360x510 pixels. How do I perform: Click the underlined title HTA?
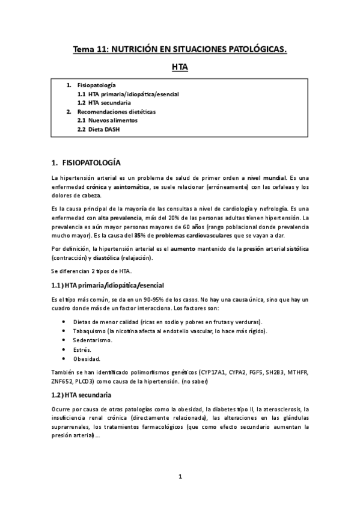coord(180,69)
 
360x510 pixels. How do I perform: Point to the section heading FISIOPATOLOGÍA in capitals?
coord(91,163)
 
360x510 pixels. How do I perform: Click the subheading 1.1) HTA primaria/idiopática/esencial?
coord(108,284)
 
